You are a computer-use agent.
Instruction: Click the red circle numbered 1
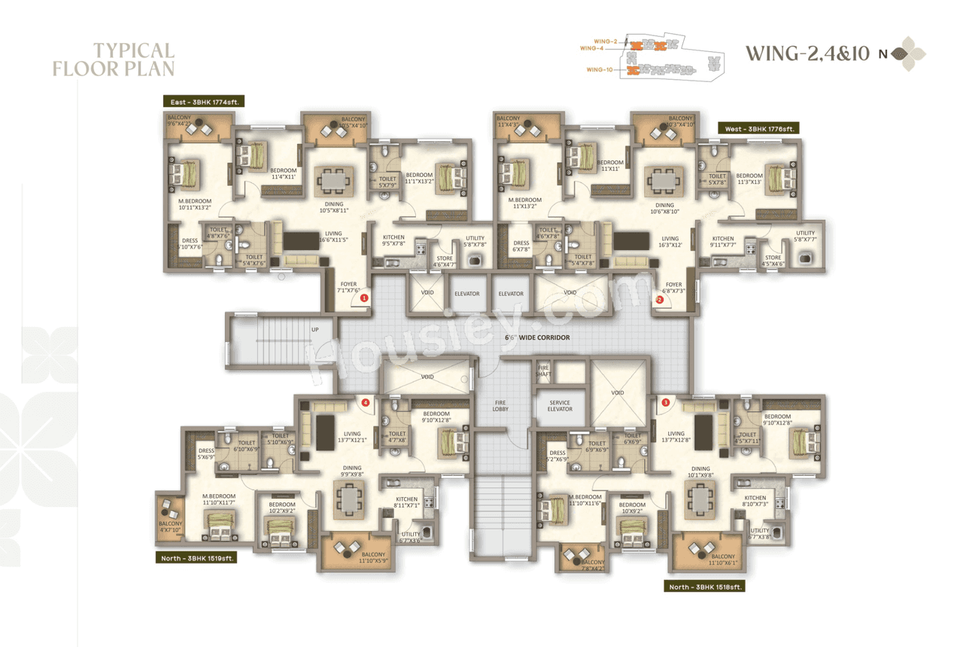(365, 298)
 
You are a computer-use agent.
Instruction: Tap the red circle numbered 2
(660, 299)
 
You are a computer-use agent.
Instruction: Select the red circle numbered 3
(665, 402)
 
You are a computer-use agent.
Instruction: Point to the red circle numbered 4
(366, 402)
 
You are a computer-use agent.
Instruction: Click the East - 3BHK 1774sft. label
(205, 101)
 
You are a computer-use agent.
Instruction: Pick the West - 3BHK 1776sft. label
(758, 129)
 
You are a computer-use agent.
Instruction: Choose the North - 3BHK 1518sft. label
(705, 586)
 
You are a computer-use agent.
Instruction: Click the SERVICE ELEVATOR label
(560, 406)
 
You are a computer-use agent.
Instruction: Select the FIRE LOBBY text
(501, 406)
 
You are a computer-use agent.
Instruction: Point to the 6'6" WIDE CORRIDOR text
(537, 337)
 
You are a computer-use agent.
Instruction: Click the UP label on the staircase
(315, 329)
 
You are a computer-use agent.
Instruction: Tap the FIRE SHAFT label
(542, 371)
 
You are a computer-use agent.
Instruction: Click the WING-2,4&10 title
(807, 53)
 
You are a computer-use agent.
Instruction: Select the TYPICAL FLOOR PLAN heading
(114, 60)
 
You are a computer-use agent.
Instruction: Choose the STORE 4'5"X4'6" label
(773, 261)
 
